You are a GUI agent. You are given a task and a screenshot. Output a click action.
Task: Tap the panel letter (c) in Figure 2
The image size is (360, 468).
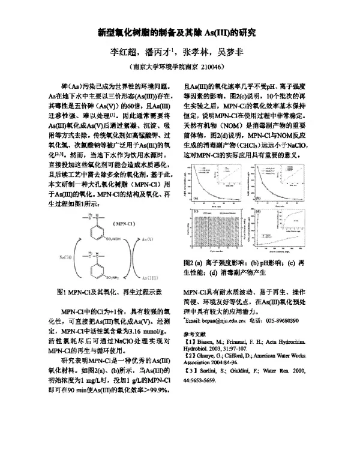[195, 212]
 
